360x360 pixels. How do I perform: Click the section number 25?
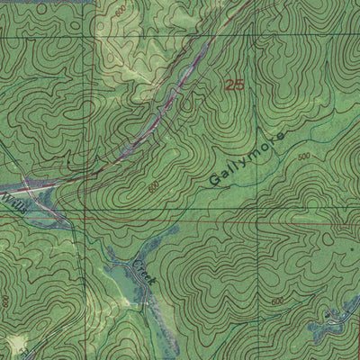click(x=235, y=85)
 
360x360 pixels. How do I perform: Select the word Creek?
click(x=146, y=272)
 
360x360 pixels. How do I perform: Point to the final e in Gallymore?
click(x=279, y=138)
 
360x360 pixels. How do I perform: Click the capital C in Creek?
click(x=138, y=262)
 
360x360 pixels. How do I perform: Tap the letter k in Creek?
click(x=154, y=283)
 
